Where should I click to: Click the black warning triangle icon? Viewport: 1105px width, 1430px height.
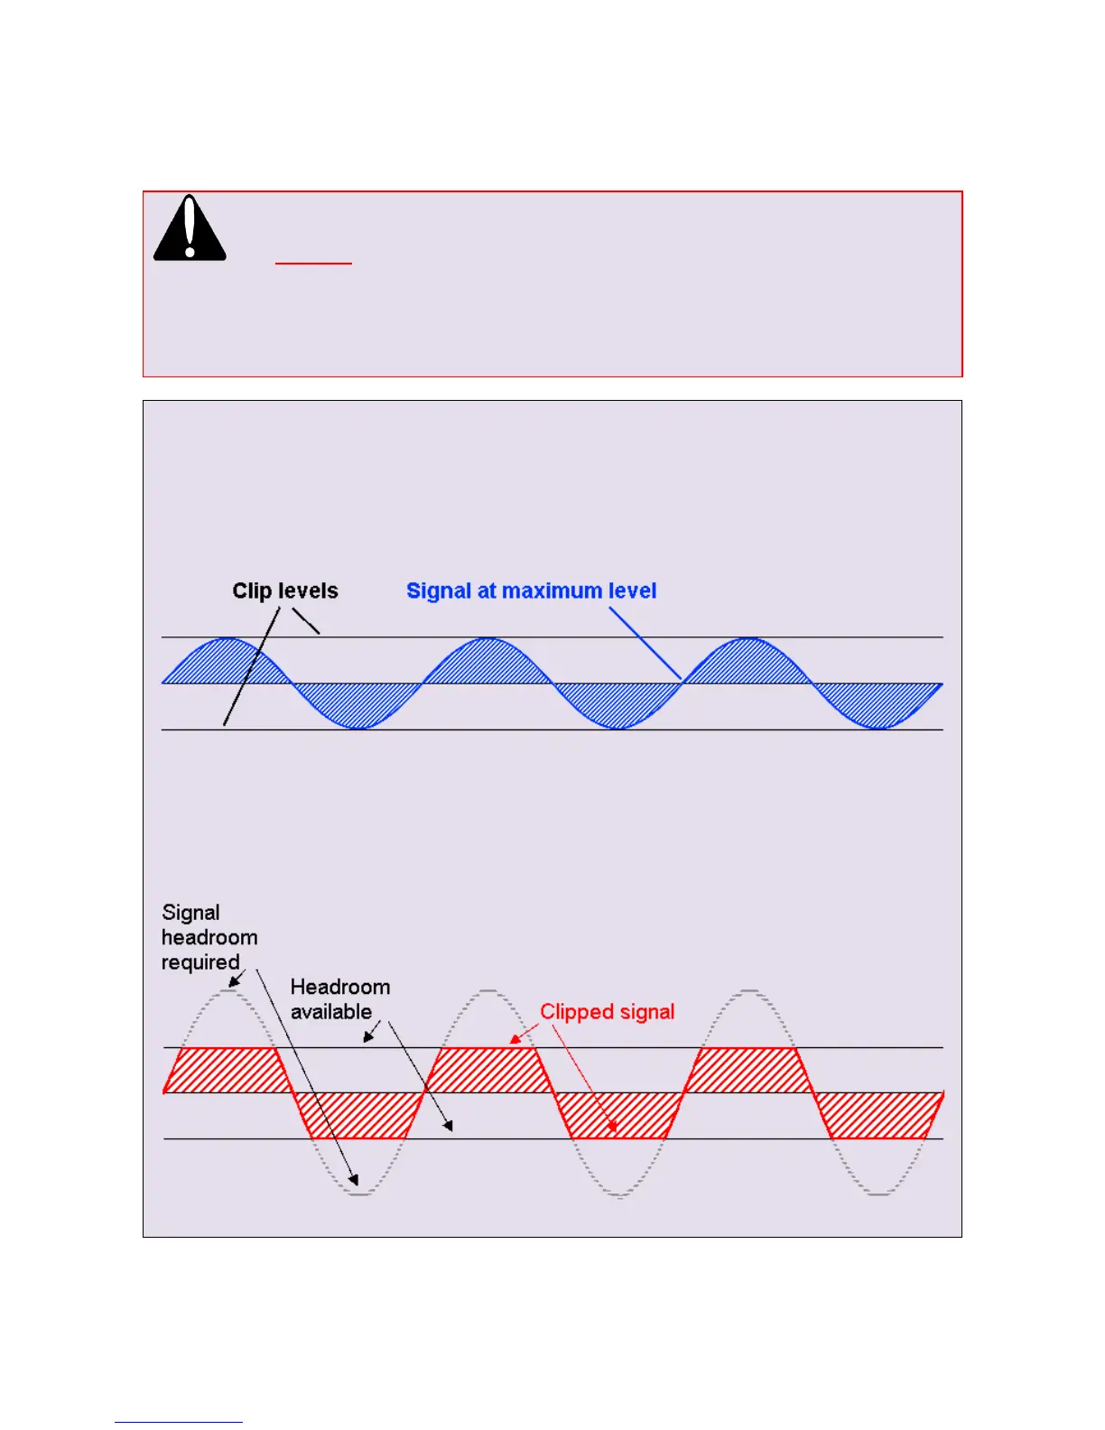[x=190, y=230]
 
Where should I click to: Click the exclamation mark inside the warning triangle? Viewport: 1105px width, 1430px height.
[x=190, y=227]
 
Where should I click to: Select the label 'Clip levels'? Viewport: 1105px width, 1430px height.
[x=284, y=590]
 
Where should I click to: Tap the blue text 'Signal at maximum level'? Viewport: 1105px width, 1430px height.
[x=531, y=590]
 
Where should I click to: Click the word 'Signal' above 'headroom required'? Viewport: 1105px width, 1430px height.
[x=190, y=913]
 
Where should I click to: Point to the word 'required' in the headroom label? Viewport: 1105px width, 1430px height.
[x=200, y=962]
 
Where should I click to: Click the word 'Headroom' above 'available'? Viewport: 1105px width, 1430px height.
[x=340, y=987]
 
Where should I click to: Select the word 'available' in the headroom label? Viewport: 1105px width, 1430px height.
[x=331, y=1012]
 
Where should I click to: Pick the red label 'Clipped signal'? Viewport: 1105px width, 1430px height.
[x=607, y=1012]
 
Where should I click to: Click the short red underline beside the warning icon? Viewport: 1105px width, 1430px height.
[x=313, y=264]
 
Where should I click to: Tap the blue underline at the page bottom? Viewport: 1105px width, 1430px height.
[x=179, y=1422]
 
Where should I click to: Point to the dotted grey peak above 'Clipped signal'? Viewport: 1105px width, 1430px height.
[x=487, y=993]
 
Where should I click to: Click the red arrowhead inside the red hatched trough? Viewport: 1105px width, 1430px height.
[x=613, y=1127]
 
